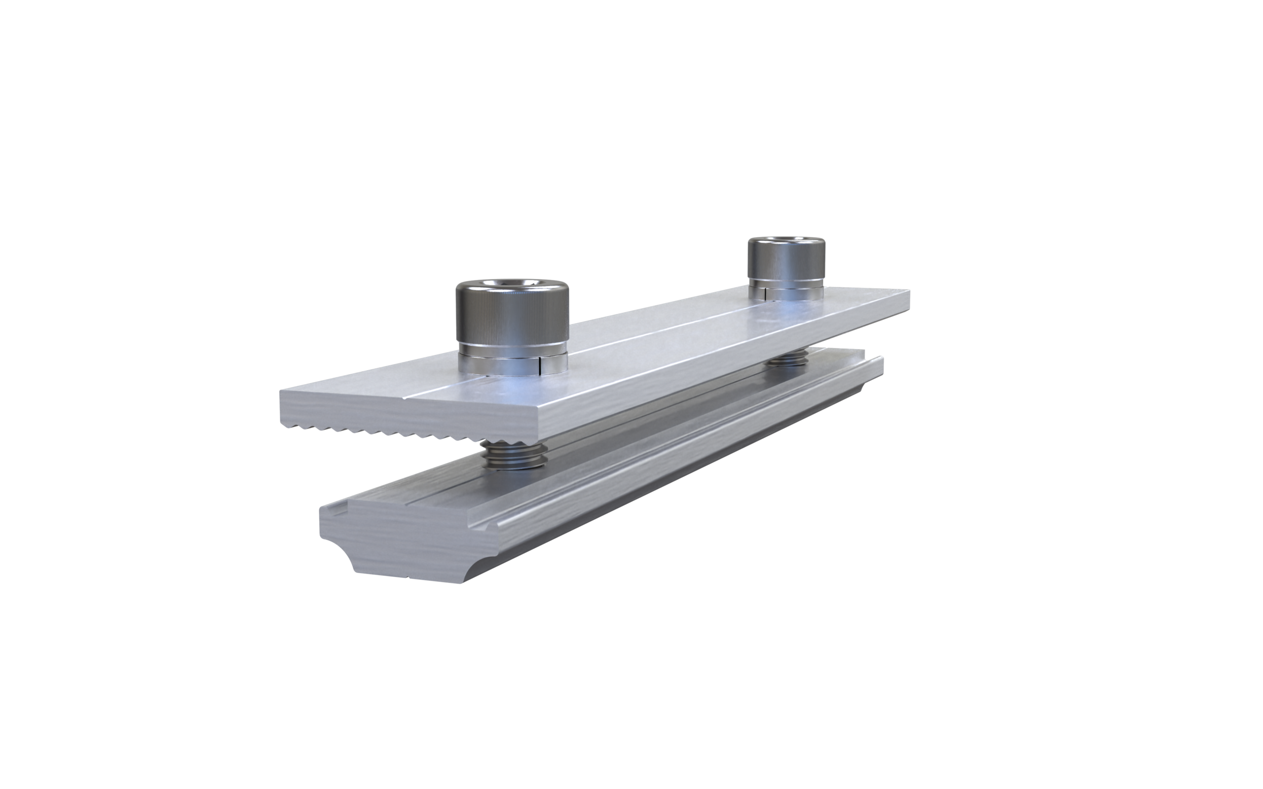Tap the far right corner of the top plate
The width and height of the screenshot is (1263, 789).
[908, 292]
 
